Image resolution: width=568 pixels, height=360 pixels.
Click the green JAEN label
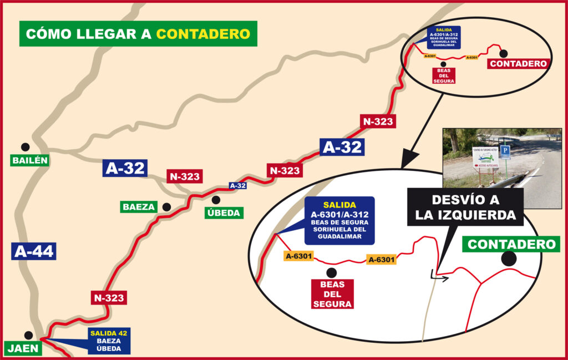(23, 348)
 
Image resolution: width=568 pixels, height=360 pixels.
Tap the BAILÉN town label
(30, 161)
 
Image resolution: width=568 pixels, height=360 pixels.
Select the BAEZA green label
(139, 207)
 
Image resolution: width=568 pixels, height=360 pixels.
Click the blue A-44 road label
(34, 251)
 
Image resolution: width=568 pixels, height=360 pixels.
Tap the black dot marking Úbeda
(216, 200)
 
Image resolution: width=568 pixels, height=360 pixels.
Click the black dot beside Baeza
(166, 207)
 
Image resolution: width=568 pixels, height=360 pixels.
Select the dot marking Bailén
(25, 147)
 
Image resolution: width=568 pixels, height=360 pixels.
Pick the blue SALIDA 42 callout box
(108, 341)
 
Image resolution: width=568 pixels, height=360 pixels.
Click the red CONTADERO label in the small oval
(518, 64)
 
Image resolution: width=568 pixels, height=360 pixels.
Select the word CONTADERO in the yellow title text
(203, 34)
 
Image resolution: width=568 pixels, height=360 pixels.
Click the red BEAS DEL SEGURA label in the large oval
(332, 294)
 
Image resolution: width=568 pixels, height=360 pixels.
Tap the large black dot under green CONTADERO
(509, 258)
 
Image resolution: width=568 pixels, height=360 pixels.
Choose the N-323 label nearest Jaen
(109, 297)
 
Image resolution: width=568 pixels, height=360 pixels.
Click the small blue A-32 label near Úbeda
(237, 186)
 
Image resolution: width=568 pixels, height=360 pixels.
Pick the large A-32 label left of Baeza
(125, 168)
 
